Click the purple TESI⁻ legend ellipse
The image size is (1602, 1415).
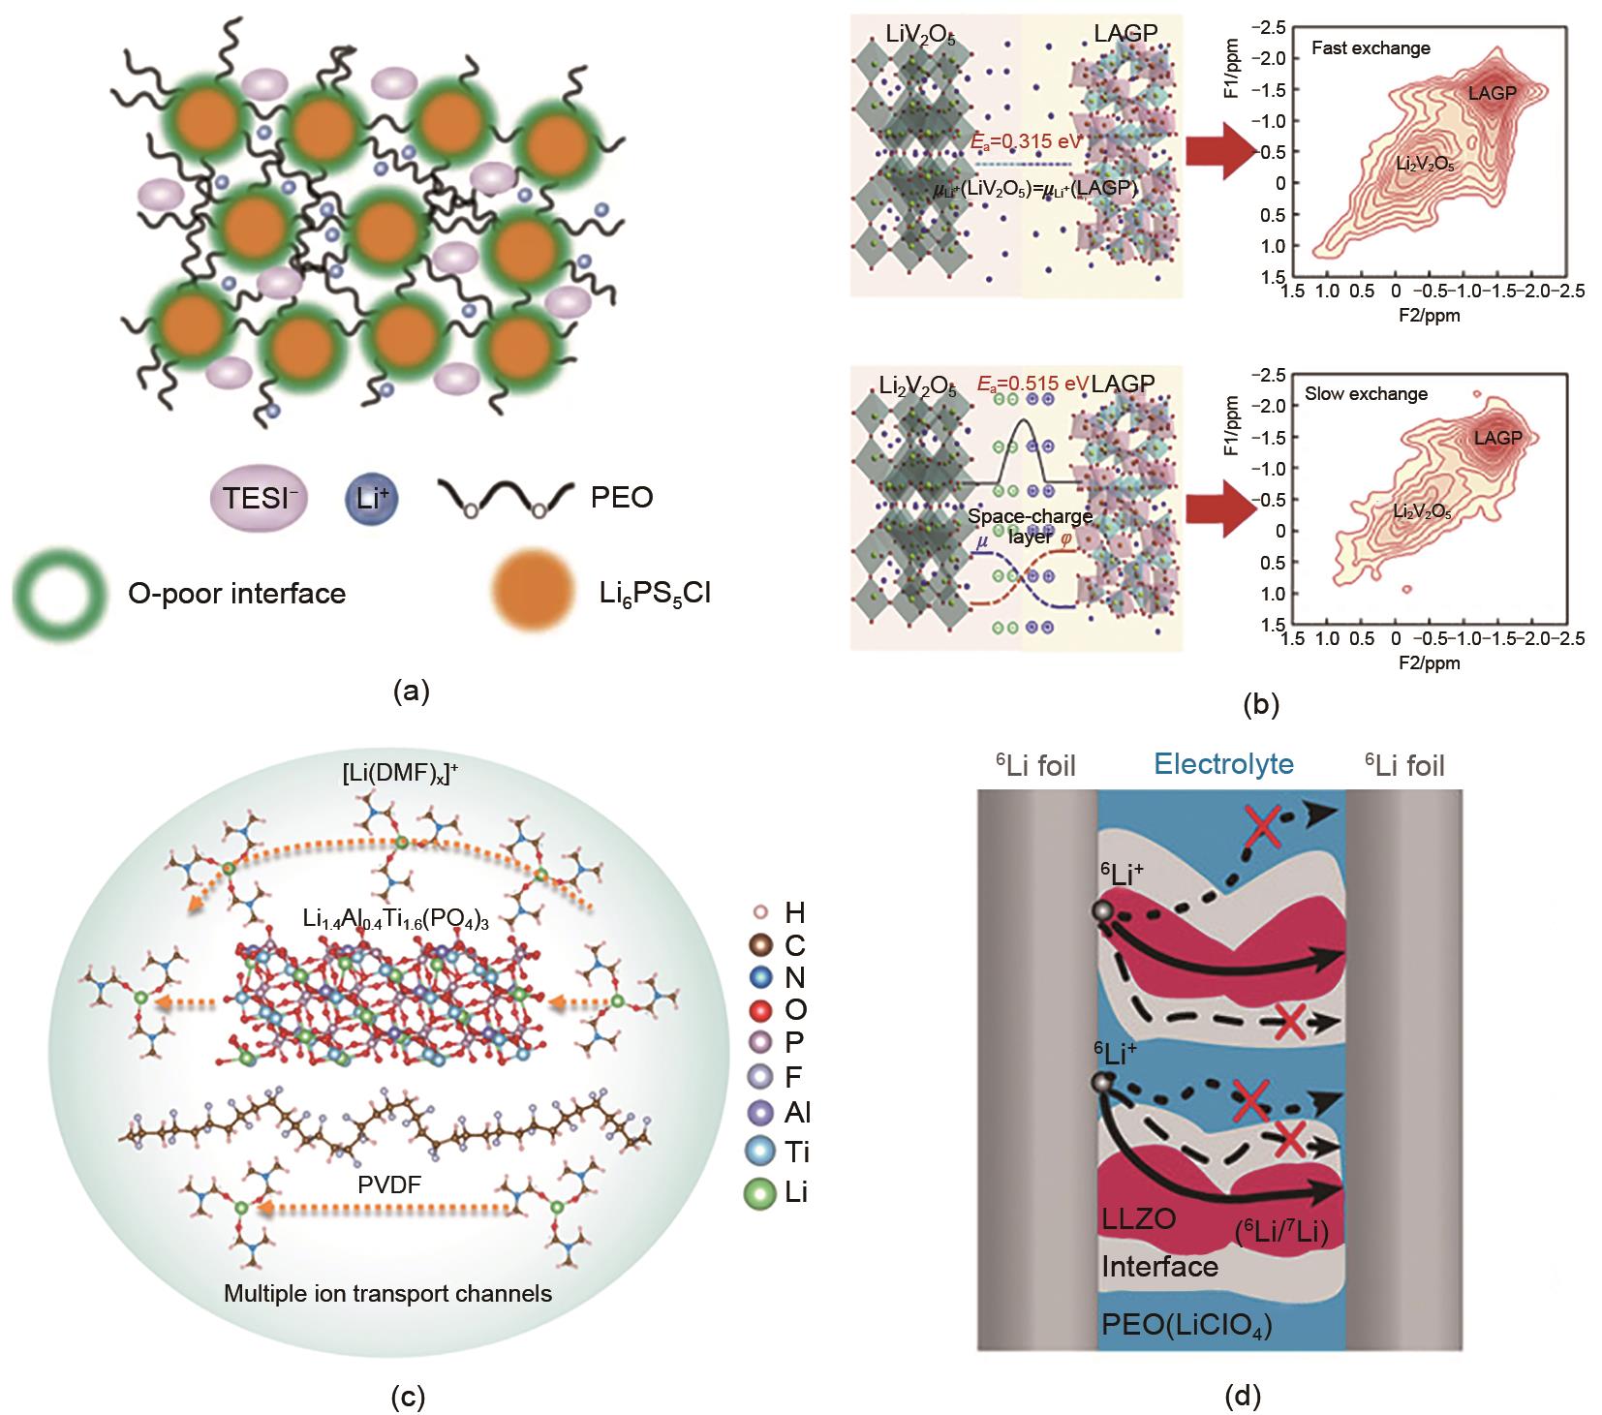tap(257, 498)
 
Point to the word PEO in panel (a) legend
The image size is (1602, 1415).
tap(621, 498)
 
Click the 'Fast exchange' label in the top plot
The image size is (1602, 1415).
tap(1371, 47)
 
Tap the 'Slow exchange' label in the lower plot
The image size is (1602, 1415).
tap(1366, 394)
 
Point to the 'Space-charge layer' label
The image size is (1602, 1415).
tap(1030, 526)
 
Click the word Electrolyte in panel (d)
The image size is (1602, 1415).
tap(1223, 765)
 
